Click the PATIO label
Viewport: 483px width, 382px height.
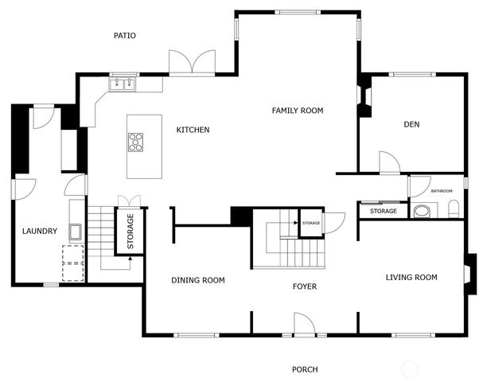point(124,35)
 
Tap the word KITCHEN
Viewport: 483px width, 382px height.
point(193,130)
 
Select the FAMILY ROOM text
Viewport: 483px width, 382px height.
point(298,111)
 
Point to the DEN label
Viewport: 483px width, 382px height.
point(411,124)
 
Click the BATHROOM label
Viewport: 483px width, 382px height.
point(442,191)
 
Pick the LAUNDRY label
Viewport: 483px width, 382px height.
point(40,232)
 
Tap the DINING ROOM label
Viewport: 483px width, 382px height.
point(198,280)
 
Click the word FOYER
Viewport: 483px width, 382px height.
point(304,286)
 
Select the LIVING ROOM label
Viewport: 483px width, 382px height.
point(411,278)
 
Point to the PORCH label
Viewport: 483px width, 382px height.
point(305,369)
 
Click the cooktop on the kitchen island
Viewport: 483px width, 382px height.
point(136,142)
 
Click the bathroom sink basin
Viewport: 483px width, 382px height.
point(422,211)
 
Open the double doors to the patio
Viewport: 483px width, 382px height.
point(192,63)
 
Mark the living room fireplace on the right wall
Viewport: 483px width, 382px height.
point(470,268)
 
